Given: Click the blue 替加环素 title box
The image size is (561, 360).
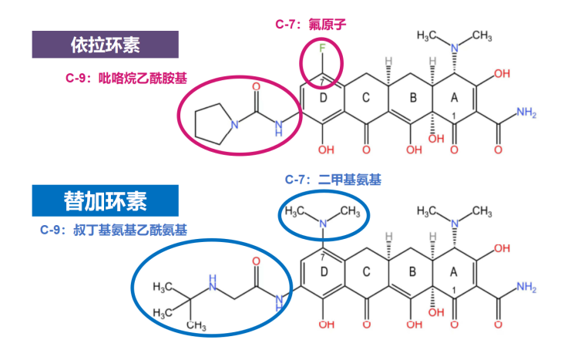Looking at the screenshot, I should click(106, 201).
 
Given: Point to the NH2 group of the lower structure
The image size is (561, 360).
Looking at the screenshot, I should click(526, 287).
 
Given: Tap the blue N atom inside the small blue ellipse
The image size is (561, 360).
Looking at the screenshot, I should click(323, 224).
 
